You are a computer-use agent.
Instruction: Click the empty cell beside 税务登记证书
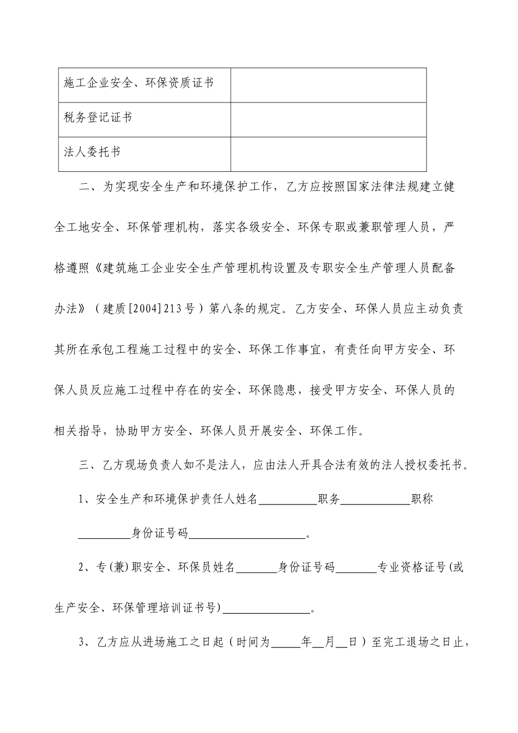[328, 119]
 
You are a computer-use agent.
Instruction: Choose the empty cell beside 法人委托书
[328, 154]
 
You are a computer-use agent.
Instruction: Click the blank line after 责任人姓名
[287, 500]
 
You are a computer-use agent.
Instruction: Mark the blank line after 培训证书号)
[267, 609]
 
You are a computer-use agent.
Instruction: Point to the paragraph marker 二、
[87, 187]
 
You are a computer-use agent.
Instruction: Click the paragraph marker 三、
[87, 466]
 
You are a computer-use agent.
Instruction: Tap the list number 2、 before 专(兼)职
[87, 568]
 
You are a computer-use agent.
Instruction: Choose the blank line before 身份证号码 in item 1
[104, 534]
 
